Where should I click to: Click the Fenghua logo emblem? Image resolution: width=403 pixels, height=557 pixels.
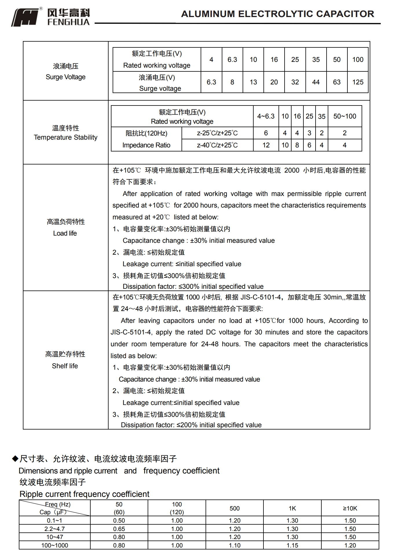(x=25, y=17)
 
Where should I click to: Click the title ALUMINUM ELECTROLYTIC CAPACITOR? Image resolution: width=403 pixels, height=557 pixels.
(x=277, y=14)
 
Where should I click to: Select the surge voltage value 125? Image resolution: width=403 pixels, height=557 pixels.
(x=358, y=82)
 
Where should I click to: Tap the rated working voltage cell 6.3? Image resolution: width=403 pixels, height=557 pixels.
(x=232, y=60)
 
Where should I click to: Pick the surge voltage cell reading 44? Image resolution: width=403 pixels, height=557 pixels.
(x=316, y=82)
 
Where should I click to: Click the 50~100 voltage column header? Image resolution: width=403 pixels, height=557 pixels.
(x=345, y=116)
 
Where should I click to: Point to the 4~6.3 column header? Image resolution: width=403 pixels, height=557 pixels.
(x=266, y=116)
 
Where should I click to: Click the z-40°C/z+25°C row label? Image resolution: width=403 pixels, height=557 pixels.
(x=217, y=145)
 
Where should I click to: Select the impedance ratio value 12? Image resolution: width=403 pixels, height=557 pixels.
(x=266, y=145)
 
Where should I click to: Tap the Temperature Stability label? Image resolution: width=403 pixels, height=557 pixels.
(x=65, y=137)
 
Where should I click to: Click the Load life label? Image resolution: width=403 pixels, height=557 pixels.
(x=65, y=233)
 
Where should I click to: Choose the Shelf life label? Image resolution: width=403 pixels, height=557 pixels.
(x=65, y=366)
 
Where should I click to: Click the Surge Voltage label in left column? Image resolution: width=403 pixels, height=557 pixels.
(x=65, y=77)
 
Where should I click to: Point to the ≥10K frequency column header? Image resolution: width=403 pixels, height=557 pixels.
(x=350, y=508)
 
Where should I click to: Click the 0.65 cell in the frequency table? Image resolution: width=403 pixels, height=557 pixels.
(x=119, y=529)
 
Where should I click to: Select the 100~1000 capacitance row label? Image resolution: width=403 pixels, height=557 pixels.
(x=54, y=545)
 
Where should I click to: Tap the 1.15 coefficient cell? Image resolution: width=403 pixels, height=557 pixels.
(x=292, y=545)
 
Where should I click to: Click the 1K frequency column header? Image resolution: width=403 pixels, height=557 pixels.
(x=292, y=508)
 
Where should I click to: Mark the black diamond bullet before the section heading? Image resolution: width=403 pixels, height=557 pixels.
(x=15, y=458)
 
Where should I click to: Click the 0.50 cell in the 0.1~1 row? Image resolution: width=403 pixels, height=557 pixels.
(x=119, y=521)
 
